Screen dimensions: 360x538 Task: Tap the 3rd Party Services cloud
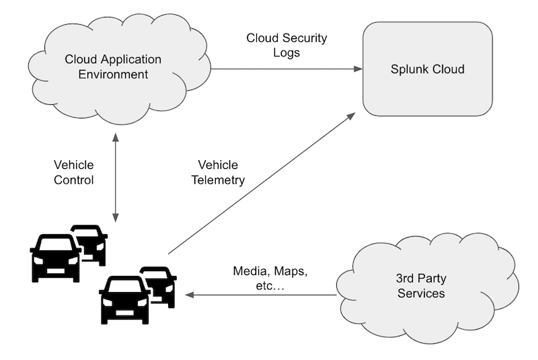click(x=421, y=286)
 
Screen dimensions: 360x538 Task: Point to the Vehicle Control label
click(x=73, y=172)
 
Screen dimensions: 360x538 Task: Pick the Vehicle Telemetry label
click(x=218, y=172)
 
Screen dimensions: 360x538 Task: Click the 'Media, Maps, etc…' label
click(x=270, y=279)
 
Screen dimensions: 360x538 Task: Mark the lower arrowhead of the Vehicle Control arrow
click(x=116, y=217)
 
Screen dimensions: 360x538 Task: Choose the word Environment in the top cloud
click(x=113, y=74)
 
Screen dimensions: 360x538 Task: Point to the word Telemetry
click(x=218, y=180)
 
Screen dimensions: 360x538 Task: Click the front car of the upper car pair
click(x=56, y=258)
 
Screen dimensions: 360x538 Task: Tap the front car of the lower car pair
click(x=125, y=299)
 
